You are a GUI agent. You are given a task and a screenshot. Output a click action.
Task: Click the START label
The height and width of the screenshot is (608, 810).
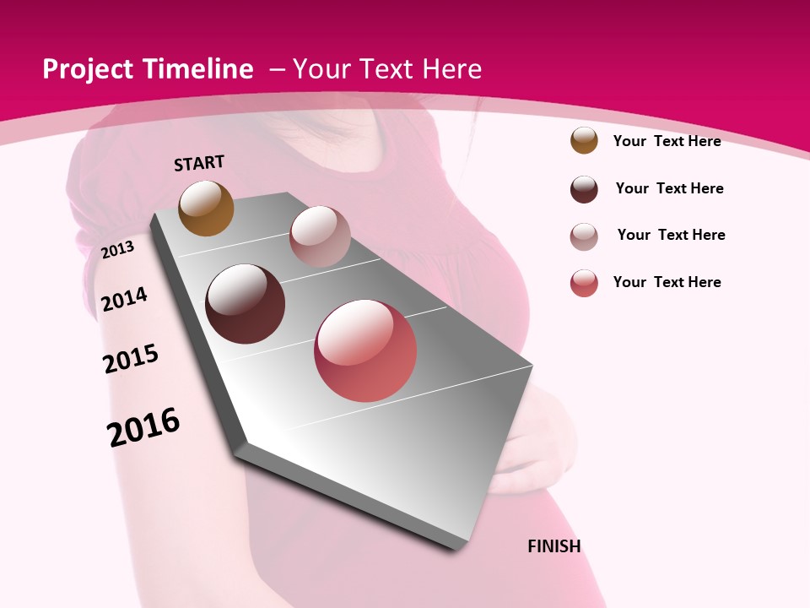[x=199, y=163]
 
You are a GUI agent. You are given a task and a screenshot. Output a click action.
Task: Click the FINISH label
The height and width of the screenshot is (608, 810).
[x=554, y=546]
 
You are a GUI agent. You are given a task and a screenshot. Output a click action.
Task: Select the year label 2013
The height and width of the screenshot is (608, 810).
[x=118, y=249]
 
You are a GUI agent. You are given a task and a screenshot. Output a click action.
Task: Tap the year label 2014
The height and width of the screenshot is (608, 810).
[x=125, y=299]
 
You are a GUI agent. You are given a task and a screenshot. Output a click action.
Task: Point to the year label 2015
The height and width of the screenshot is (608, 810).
[x=131, y=359]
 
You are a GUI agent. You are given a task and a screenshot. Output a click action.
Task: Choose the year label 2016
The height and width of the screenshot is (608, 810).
[x=143, y=426]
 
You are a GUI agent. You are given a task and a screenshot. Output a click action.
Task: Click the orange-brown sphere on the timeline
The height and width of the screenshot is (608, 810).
[x=207, y=208]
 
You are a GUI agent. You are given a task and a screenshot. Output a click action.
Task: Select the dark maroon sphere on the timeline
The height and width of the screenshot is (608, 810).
[x=246, y=304]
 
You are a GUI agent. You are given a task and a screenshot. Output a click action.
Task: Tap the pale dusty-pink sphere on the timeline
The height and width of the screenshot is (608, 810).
[x=320, y=236]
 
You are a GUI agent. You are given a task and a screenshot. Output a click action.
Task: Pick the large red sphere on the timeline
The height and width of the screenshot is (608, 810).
[x=365, y=350]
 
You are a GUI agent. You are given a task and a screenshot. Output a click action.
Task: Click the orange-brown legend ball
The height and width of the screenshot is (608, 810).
[x=584, y=140]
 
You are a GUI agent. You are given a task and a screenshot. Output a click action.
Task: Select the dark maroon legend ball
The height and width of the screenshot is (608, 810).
[x=584, y=189]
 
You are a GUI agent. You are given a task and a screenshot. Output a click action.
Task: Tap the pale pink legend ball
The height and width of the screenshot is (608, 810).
[x=584, y=236]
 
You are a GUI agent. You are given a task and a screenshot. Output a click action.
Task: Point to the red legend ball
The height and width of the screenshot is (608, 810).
[x=584, y=283]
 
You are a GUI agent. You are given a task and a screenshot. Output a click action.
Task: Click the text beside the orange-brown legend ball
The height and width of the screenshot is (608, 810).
[x=667, y=141]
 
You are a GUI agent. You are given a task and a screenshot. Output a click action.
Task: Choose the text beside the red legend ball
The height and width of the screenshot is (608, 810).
[x=667, y=282]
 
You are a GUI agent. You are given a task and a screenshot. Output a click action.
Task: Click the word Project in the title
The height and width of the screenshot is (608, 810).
[x=88, y=69]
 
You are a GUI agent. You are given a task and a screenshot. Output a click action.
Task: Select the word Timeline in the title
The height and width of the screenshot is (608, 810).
[x=199, y=69]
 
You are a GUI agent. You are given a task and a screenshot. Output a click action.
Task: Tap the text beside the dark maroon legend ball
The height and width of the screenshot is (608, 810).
[x=669, y=188]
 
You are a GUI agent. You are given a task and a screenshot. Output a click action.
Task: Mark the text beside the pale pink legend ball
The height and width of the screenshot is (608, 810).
[x=671, y=235]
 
